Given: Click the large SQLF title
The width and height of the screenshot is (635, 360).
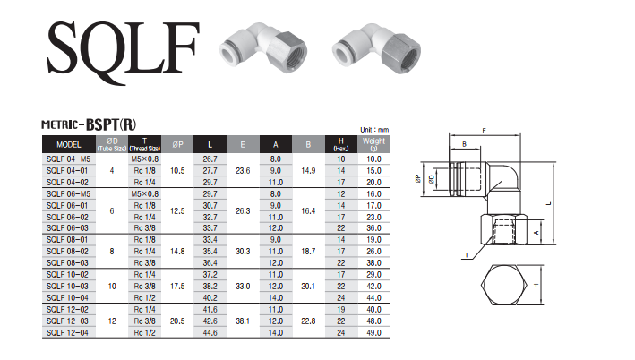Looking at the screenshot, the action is pyautogui.click(x=124, y=52).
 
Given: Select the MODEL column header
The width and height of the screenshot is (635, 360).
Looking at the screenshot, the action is pyautogui.click(x=69, y=144).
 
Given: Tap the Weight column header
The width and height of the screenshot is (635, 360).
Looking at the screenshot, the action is pyautogui.click(x=373, y=144).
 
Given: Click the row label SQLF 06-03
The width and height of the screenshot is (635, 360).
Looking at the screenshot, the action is pyautogui.click(x=67, y=228).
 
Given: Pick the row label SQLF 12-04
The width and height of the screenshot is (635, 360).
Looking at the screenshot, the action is pyautogui.click(x=67, y=333).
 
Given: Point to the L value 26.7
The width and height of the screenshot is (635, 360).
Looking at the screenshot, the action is pyautogui.click(x=210, y=159).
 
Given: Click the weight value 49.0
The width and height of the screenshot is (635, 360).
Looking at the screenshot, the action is pyautogui.click(x=373, y=333).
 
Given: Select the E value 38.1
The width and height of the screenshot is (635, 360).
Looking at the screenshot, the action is pyautogui.click(x=243, y=321).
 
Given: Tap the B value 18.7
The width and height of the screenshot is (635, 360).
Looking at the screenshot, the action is pyautogui.click(x=308, y=252).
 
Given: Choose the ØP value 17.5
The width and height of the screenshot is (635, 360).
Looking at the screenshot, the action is pyautogui.click(x=177, y=287).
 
